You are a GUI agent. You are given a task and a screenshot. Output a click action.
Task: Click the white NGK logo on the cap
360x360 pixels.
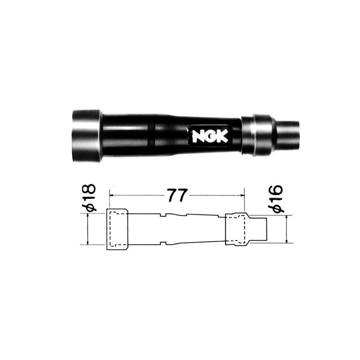tap(210, 136)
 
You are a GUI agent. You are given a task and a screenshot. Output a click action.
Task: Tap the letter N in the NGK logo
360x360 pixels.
tap(198, 136)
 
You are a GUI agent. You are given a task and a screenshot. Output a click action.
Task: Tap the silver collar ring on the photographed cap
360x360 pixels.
tap(258, 135)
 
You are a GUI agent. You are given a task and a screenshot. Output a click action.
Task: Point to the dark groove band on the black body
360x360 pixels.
tap(153, 135)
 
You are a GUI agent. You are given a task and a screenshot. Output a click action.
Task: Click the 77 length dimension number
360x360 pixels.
tap(176, 195)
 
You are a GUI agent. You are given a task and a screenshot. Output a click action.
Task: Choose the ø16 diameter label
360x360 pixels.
tap(276, 198)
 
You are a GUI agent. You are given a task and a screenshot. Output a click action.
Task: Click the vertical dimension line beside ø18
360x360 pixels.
tap(88, 229)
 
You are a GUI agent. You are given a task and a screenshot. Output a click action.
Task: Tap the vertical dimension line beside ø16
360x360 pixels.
tap(288, 229)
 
